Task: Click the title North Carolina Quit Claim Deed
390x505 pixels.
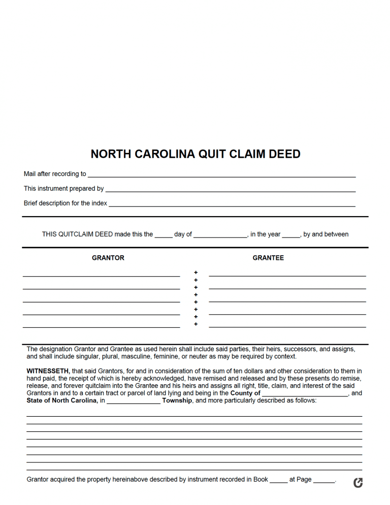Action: pyautogui.click(x=195, y=154)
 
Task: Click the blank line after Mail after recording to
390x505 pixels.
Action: pyautogui.click(x=221, y=175)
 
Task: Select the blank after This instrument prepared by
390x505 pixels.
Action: pyautogui.click(x=230, y=190)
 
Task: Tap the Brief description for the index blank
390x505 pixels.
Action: pyautogui.click(x=232, y=205)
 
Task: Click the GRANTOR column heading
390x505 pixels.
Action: pyautogui.click(x=108, y=258)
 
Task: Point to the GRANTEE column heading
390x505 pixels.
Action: pyautogui.click(x=268, y=258)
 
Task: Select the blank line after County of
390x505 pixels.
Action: pyautogui.click(x=305, y=394)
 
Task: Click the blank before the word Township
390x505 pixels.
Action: pyautogui.click(x=134, y=402)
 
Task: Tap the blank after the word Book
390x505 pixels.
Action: pyautogui.click(x=279, y=481)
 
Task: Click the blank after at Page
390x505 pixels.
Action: pyautogui.click(x=324, y=481)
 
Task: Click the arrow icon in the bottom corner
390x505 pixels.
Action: pyautogui.click(x=358, y=483)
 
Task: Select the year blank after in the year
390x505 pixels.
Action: pyautogui.click(x=291, y=236)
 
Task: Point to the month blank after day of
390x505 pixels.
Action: pyautogui.click(x=220, y=236)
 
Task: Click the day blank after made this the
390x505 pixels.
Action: pyautogui.click(x=164, y=236)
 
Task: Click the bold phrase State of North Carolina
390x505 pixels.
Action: pyautogui.click(x=62, y=400)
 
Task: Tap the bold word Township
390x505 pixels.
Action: pyautogui.click(x=177, y=400)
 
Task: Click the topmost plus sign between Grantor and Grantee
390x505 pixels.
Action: pyautogui.click(x=196, y=273)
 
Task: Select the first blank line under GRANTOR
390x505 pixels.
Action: pyautogui.click(x=101, y=275)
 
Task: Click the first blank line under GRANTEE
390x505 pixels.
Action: pyautogui.click(x=287, y=275)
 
